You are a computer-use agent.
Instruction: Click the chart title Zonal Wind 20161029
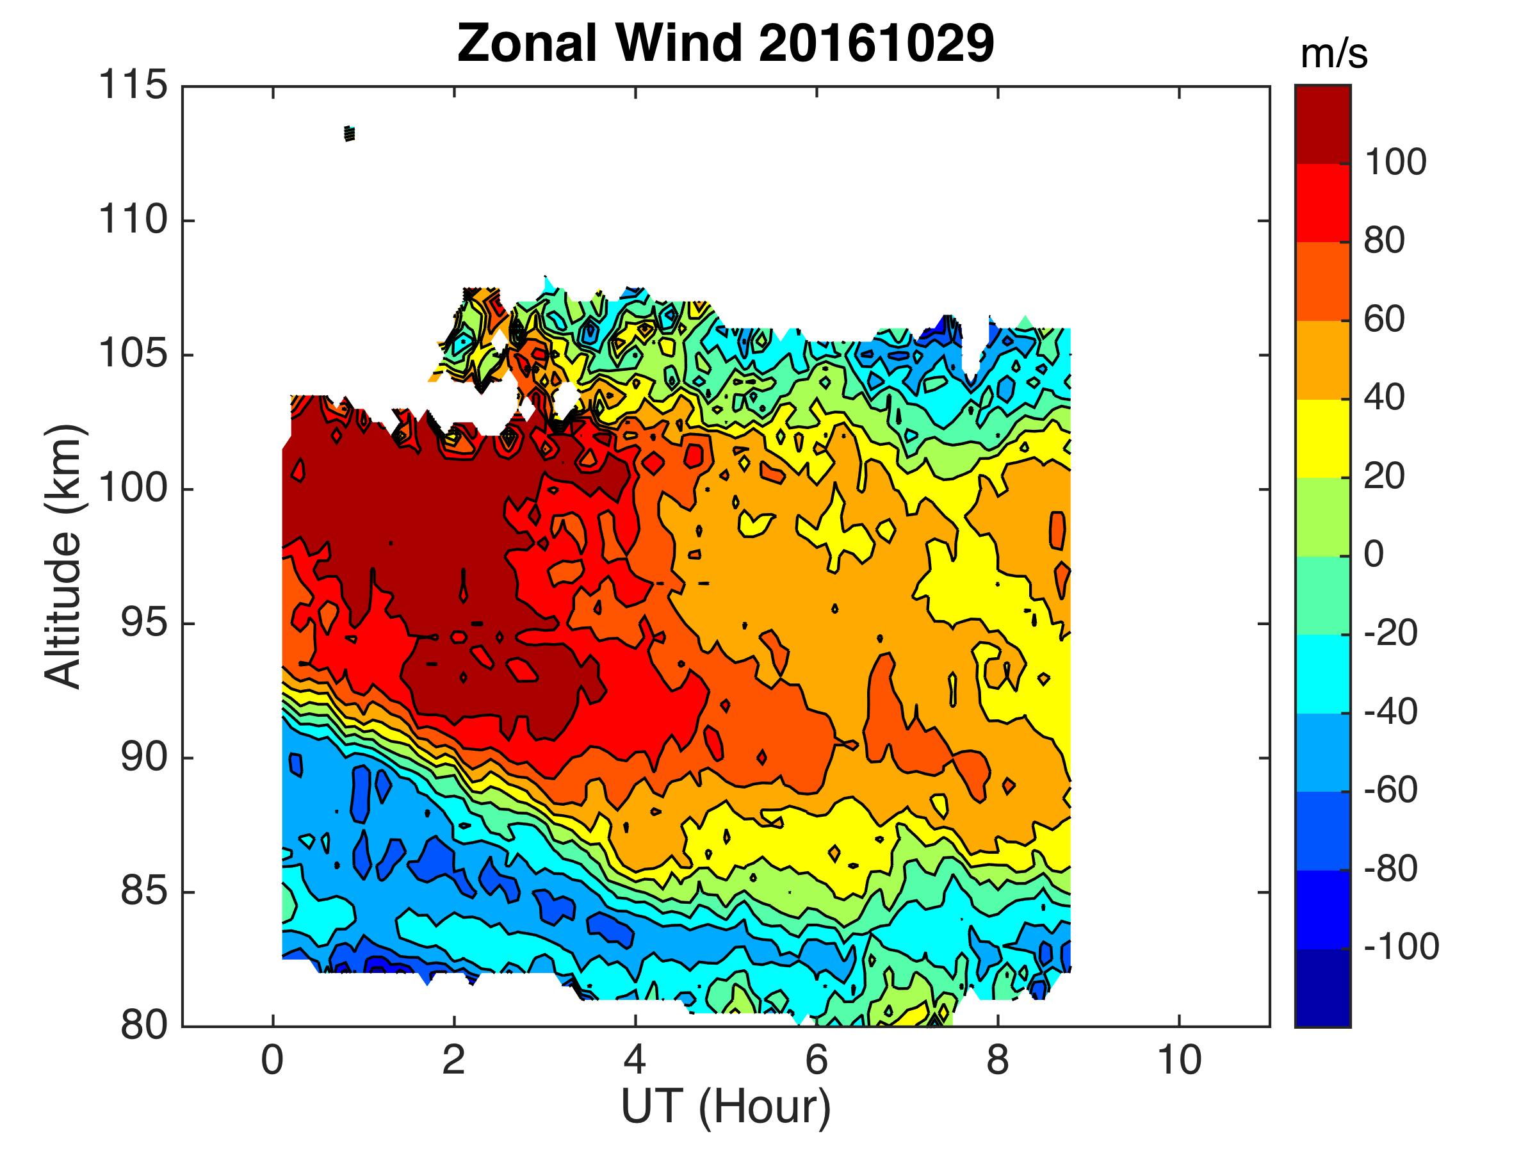(x=726, y=43)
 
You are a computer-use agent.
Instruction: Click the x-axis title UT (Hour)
(x=726, y=1106)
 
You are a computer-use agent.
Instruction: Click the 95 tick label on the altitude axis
(x=144, y=623)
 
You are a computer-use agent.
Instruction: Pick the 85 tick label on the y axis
(x=144, y=892)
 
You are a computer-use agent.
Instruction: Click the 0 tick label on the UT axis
(x=272, y=1061)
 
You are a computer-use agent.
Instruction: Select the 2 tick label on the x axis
(x=453, y=1061)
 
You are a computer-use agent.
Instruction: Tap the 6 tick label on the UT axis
(x=817, y=1061)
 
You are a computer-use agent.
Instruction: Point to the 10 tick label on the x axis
(x=1179, y=1061)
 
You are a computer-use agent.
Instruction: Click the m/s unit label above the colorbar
(x=1333, y=54)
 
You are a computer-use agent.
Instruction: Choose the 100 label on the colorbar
(x=1395, y=163)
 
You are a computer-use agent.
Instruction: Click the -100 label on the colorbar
(x=1401, y=947)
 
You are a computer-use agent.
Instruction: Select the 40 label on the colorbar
(x=1384, y=398)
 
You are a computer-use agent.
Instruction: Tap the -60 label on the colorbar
(x=1390, y=790)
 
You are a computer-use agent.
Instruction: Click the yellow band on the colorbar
(x=1322, y=439)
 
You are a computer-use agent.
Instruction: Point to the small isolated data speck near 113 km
(x=350, y=133)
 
